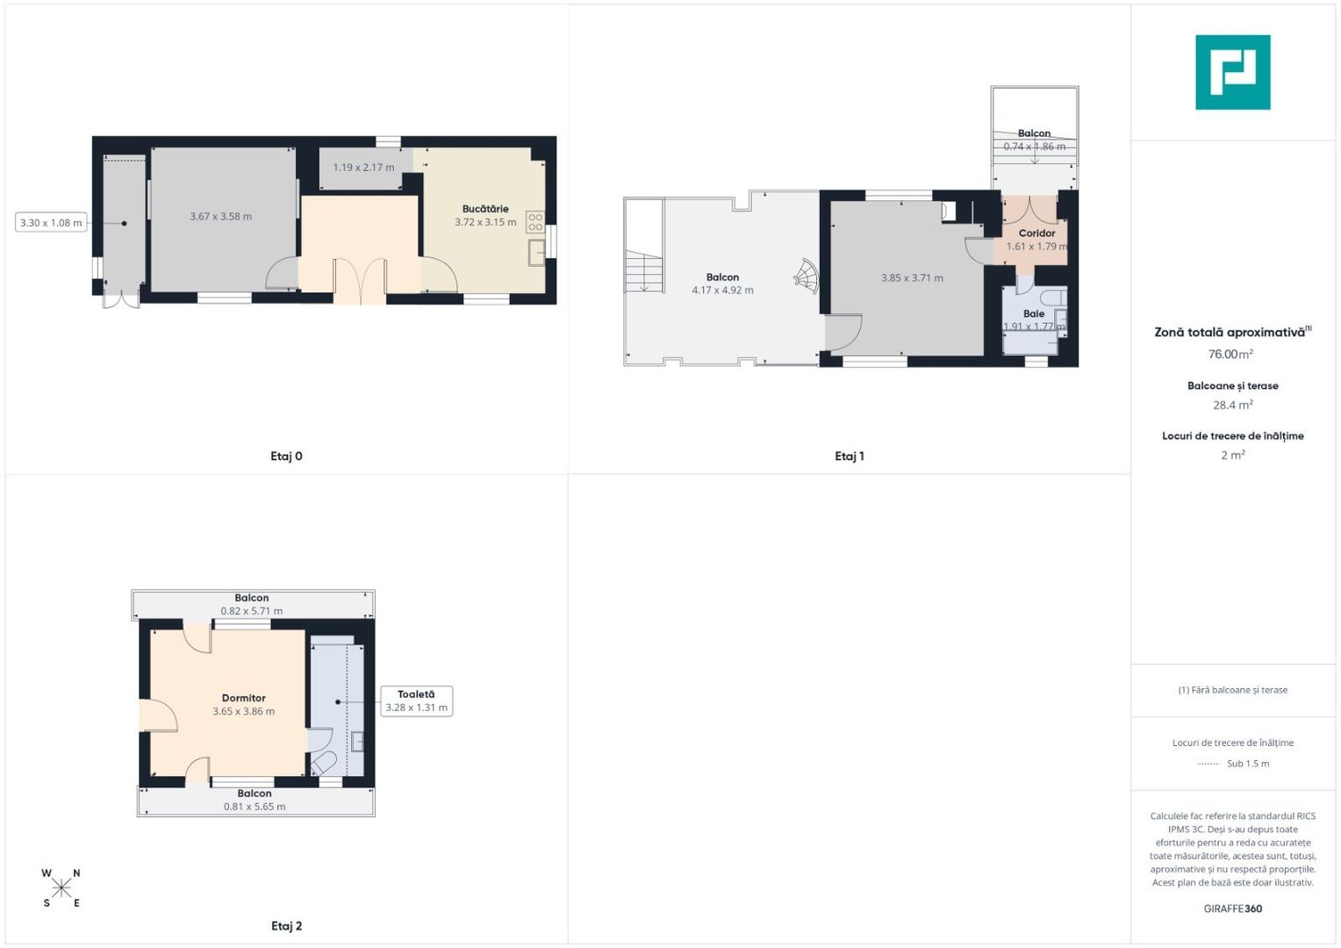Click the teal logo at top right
pos(1232,72)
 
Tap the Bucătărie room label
pos(485,209)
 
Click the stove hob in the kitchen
pos(534,222)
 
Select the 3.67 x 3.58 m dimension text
pos(221,217)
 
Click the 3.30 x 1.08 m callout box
pos(51,223)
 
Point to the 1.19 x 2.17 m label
pos(363,168)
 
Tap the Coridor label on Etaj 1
pos(1036,233)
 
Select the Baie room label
pos(1034,313)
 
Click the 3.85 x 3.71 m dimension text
pos(912,278)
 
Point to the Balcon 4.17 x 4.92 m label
pos(722,284)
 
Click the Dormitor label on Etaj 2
pos(243,699)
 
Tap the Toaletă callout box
pos(416,701)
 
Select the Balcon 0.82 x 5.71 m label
pos(252,605)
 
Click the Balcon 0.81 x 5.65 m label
pos(255,800)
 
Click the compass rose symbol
pos(61,888)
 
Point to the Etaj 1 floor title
pos(849,456)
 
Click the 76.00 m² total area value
pos(1230,355)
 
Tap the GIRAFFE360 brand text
pos(1232,908)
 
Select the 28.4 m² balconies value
pos(1232,406)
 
